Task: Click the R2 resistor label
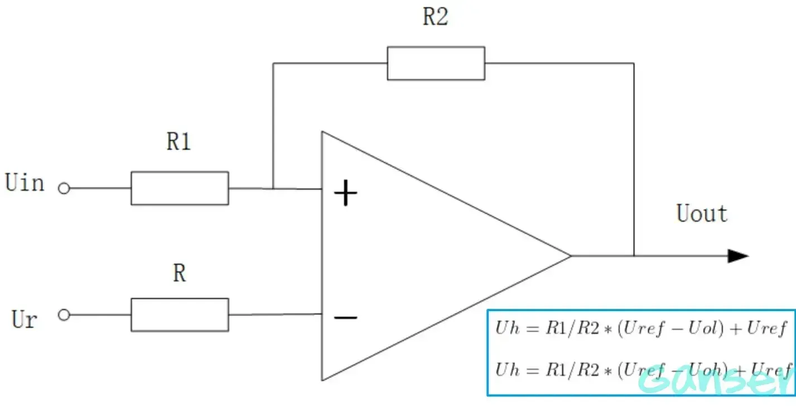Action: point(435,17)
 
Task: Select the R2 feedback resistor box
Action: point(436,63)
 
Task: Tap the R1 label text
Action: point(179,142)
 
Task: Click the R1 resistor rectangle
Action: point(180,188)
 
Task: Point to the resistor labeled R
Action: point(180,315)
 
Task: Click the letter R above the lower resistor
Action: point(179,274)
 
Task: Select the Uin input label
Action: point(25,183)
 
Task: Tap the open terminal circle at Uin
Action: point(64,189)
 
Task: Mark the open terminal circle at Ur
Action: point(64,315)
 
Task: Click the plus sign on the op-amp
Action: point(345,194)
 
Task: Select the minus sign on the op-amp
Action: point(345,318)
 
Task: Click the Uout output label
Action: point(702,213)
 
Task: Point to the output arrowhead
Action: point(737,256)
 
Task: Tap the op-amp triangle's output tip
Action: point(570,256)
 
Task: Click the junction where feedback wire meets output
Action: point(634,256)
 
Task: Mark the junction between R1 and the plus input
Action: point(273,188)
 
